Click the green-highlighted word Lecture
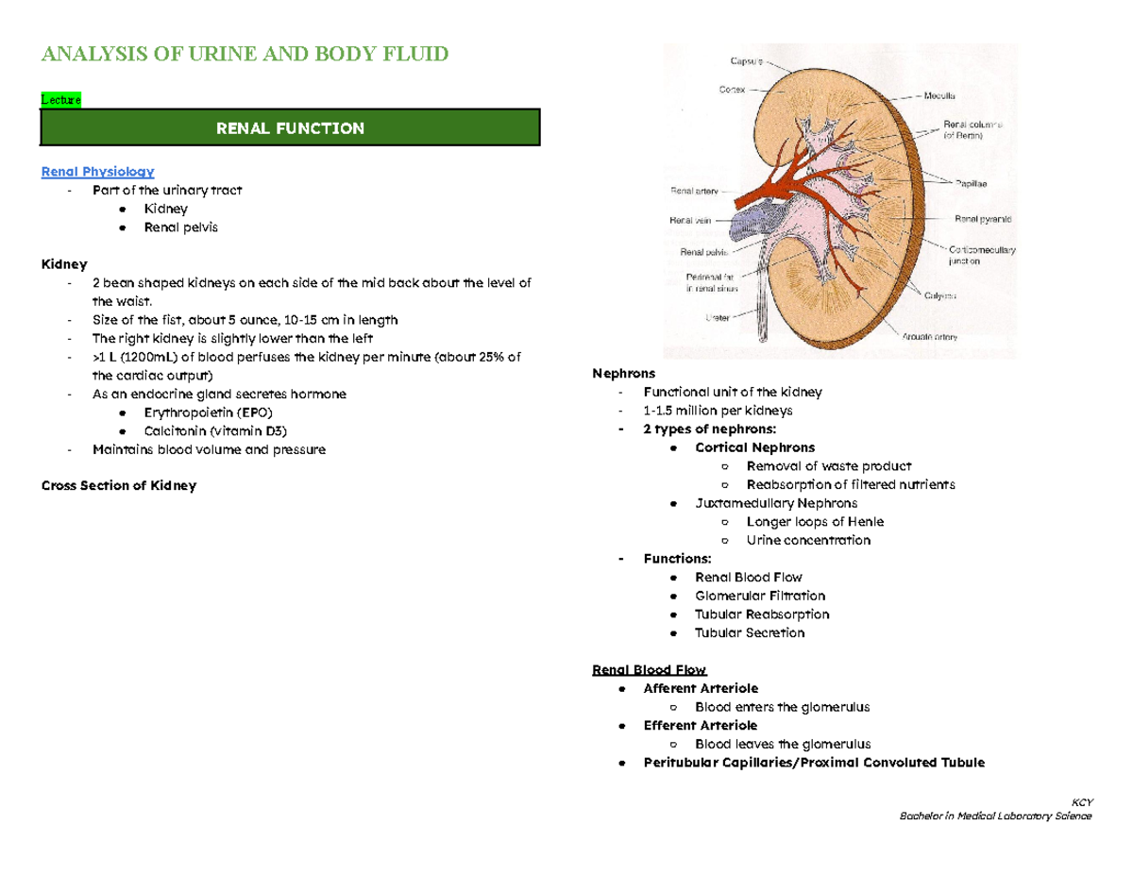(60, 100)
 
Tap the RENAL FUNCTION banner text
(290, 127)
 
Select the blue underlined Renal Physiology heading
(97, 172)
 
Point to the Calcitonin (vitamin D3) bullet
(209, 430)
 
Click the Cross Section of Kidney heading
(119, 486)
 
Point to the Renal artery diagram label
(693, 192)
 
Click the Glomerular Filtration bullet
(760, 596)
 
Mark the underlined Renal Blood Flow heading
(650, 670)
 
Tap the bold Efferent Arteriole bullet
(700, 725)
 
